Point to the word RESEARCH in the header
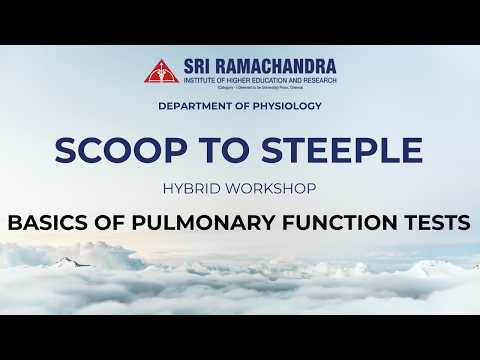(317, 79)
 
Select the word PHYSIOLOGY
(289, 105)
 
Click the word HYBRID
(197, 188)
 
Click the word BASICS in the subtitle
(50, 223)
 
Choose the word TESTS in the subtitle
(438, 223)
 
